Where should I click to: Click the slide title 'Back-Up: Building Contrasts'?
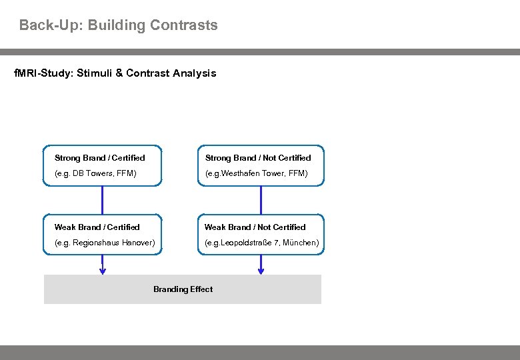point(118,26)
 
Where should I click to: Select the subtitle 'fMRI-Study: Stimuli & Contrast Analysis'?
point(115,73)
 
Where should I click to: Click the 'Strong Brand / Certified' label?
point(99,158)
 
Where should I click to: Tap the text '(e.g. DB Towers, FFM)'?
point(95,173)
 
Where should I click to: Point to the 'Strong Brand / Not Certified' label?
point(258,158)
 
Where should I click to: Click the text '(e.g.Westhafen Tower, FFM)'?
point(256,173)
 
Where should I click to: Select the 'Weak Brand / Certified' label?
point(97,227)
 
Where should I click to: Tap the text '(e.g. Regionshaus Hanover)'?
point(105,243)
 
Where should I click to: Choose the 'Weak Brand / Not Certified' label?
point(255,227)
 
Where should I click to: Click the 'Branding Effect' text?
point(183,289)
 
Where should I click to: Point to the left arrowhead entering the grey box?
point(103,271)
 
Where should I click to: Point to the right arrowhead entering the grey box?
point(261,271)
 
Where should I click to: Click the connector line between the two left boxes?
point(103,200)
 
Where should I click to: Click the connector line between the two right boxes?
point(261,200)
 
